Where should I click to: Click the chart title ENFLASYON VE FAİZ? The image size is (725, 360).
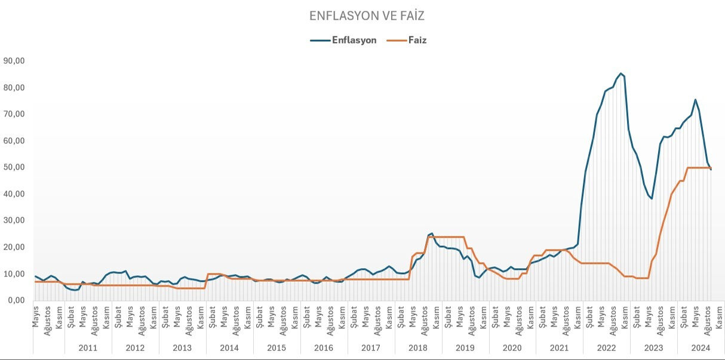coord(367,16)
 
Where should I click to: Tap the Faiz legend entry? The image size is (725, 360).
coord(417,41)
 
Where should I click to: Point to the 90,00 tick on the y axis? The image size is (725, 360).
coord(14,61)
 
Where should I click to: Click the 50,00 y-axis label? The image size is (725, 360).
coord(14,167)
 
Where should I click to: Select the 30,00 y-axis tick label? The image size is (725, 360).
coord(14,220)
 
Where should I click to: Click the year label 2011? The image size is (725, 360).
coord(88,347)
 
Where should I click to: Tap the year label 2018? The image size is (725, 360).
coord(418,347)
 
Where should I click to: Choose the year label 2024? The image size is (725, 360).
coord(701,347)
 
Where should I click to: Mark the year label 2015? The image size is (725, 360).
coord(277,347)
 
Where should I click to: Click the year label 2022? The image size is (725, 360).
coord(606,347)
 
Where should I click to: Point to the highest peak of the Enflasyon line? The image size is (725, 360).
coord(621,73)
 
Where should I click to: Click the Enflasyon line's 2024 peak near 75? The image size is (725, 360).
coord(695,100)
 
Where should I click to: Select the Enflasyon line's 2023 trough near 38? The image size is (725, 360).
coord(652,198)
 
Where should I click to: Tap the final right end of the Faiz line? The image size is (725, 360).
coord(711,168)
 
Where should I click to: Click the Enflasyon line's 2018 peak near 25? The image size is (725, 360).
coord(432,233)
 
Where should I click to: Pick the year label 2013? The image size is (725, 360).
coord(182,347)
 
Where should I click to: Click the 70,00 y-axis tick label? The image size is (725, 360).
coord(14,114)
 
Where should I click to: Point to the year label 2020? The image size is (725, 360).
coord(512,347)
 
